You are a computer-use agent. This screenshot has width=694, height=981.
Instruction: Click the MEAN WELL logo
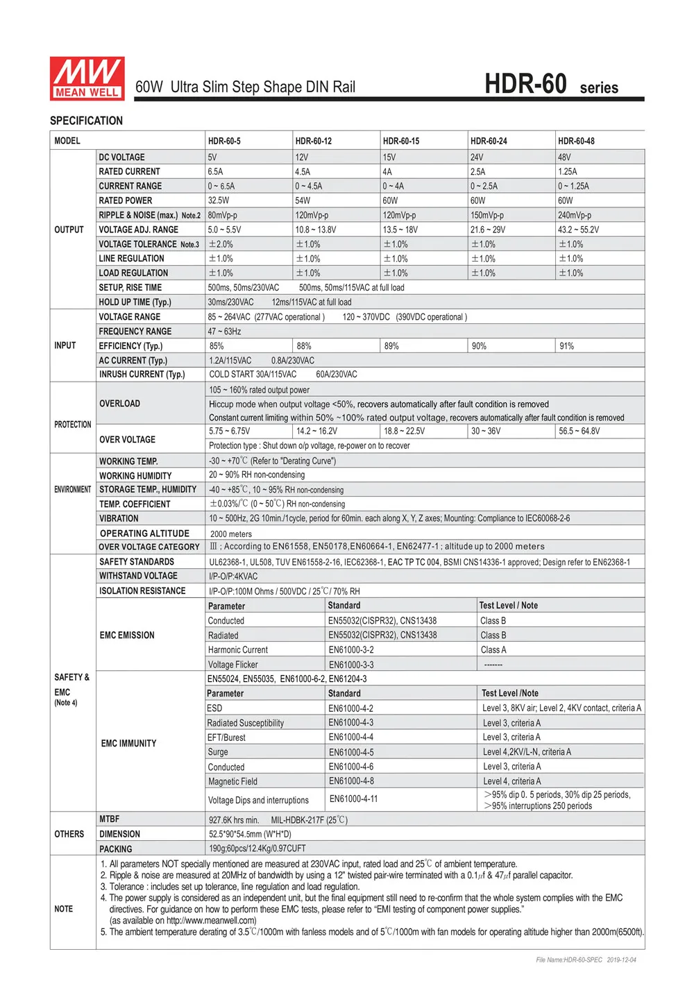87,78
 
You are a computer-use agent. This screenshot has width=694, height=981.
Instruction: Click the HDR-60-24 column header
489,141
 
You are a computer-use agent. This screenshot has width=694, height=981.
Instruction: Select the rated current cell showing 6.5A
215,171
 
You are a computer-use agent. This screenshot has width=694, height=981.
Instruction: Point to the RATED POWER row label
125,201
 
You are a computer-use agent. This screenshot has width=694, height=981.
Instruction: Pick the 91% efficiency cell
567,346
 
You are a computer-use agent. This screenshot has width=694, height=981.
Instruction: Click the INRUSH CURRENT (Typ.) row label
142,374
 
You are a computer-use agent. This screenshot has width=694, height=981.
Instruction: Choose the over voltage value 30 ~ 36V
486,431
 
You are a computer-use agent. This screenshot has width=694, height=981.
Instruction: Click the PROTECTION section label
72,424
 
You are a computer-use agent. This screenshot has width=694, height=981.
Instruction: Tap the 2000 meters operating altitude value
231,534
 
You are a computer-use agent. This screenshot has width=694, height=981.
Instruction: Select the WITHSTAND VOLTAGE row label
138,576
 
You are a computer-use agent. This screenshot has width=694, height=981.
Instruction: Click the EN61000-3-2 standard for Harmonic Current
351,650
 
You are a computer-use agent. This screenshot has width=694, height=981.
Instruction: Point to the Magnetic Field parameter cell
232,781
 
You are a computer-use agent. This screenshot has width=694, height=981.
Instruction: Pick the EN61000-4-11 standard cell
354,799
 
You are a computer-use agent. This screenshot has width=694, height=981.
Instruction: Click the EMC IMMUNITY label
128,743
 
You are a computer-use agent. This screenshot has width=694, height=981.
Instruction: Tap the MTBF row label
109,819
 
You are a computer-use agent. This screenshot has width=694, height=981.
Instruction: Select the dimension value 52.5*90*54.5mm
250,834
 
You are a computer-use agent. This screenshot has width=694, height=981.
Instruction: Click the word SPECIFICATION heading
86,121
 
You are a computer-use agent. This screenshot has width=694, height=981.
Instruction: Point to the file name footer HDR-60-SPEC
569,960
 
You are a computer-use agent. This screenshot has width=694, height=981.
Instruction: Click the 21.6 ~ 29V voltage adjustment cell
488,230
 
